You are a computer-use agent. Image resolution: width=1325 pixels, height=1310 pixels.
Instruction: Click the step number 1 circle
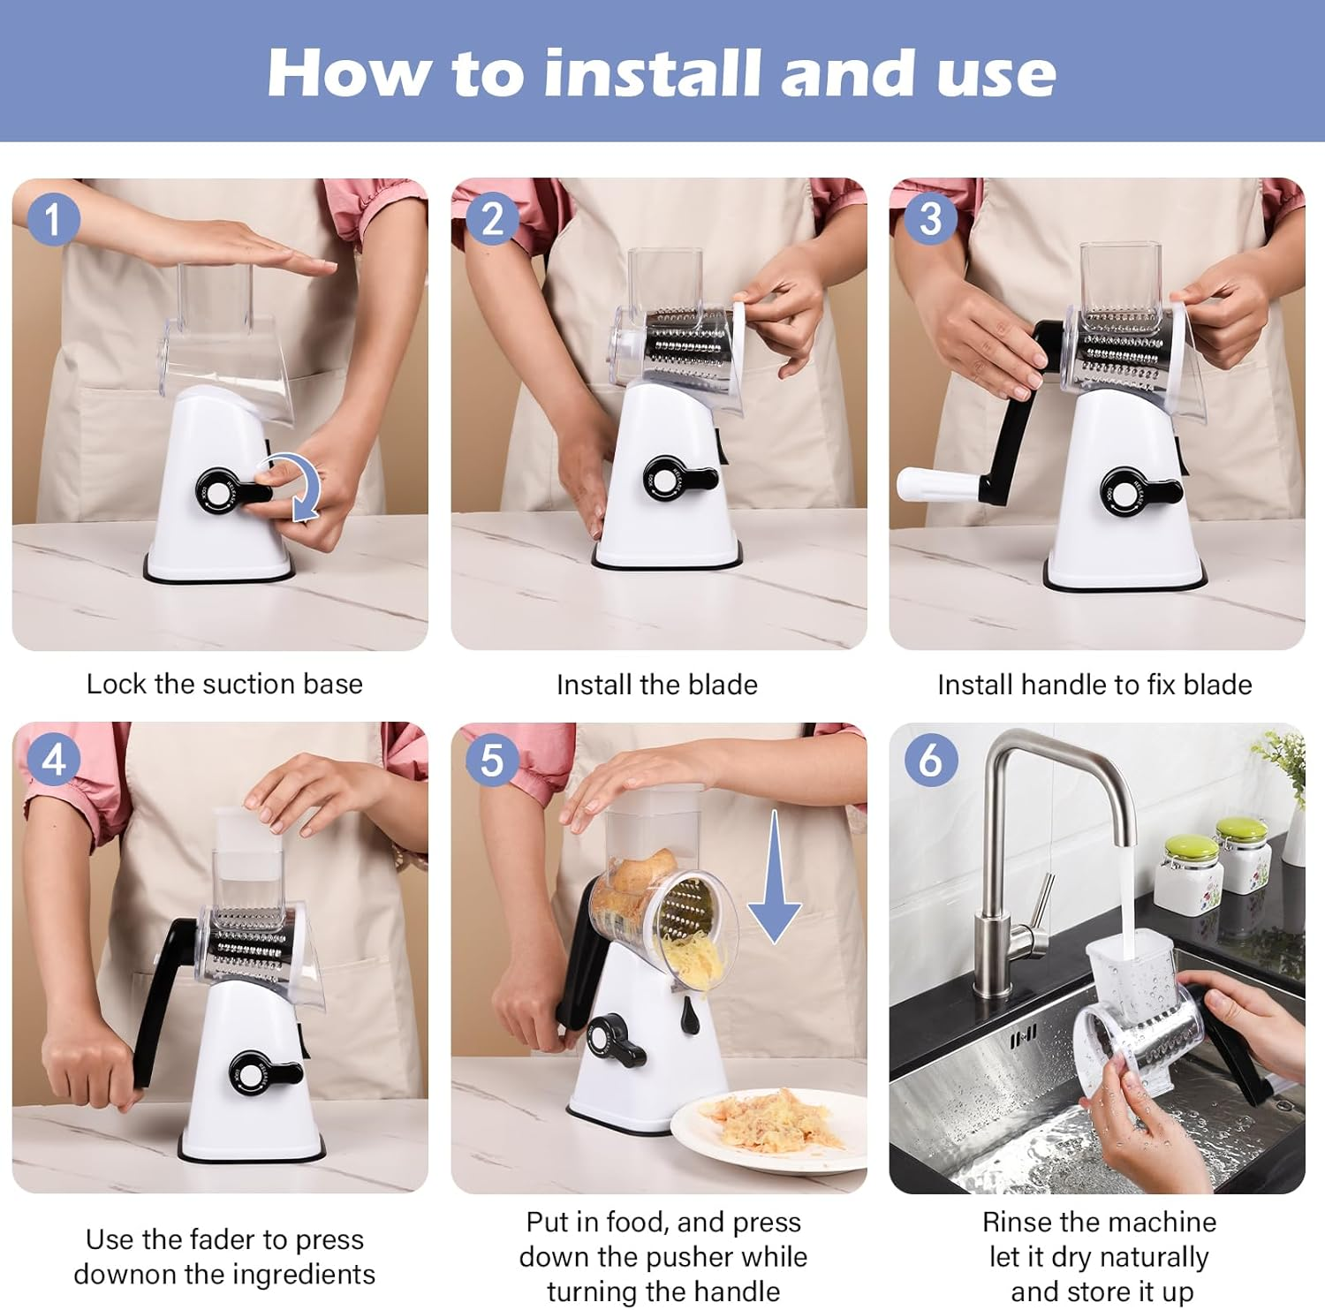point(53,219)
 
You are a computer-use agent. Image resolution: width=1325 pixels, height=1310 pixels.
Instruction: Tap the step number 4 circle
point(53,760)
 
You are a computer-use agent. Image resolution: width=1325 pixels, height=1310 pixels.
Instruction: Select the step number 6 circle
point(930,760)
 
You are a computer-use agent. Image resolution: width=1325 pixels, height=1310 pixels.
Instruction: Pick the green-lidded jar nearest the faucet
point(1189,870)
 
